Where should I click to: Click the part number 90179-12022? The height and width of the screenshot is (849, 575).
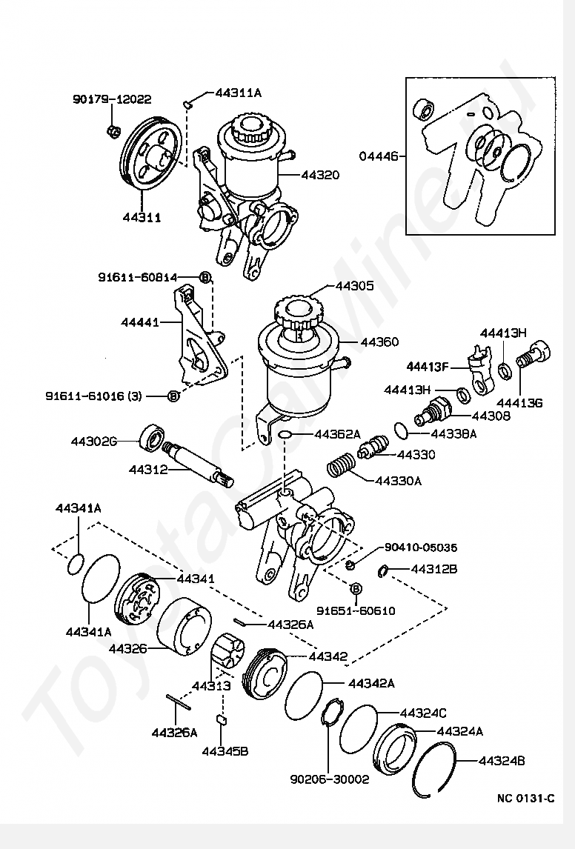point(112,99)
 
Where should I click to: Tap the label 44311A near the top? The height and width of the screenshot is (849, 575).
point(238,93)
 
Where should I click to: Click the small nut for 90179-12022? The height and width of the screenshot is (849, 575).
point(113,130)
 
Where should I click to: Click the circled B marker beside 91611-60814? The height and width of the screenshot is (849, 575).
point(205,277)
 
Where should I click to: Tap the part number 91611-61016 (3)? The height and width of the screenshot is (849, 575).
point(93,396)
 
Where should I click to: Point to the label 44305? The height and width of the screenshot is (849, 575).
point(354,285)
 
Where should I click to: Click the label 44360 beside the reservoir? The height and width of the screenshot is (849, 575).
point(379,342)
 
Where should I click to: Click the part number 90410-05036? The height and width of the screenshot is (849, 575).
point(421,547)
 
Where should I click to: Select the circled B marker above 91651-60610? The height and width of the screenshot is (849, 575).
point(356,588)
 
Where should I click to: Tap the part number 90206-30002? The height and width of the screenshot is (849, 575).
point(329,779)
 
